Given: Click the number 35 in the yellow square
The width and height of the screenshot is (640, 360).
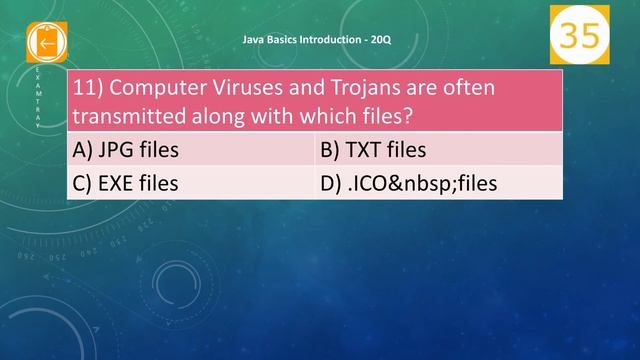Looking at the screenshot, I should tap(578, 34).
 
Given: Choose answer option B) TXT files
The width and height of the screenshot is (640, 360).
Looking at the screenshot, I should tap(372, 151).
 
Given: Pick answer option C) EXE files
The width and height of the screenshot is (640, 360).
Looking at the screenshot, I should tap(126, 183).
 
